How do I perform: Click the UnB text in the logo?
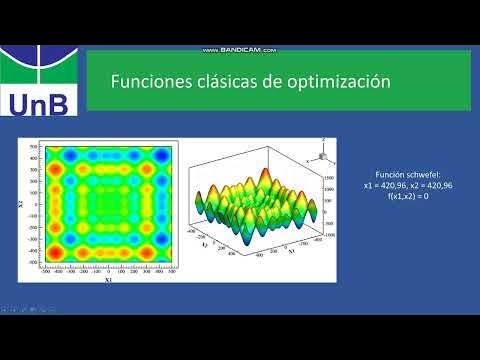click(x=38, y=102)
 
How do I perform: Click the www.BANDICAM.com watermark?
click(x=239, y=50)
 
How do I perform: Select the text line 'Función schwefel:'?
click(x=400, y=174)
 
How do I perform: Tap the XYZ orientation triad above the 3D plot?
click(x=321, y=154)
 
